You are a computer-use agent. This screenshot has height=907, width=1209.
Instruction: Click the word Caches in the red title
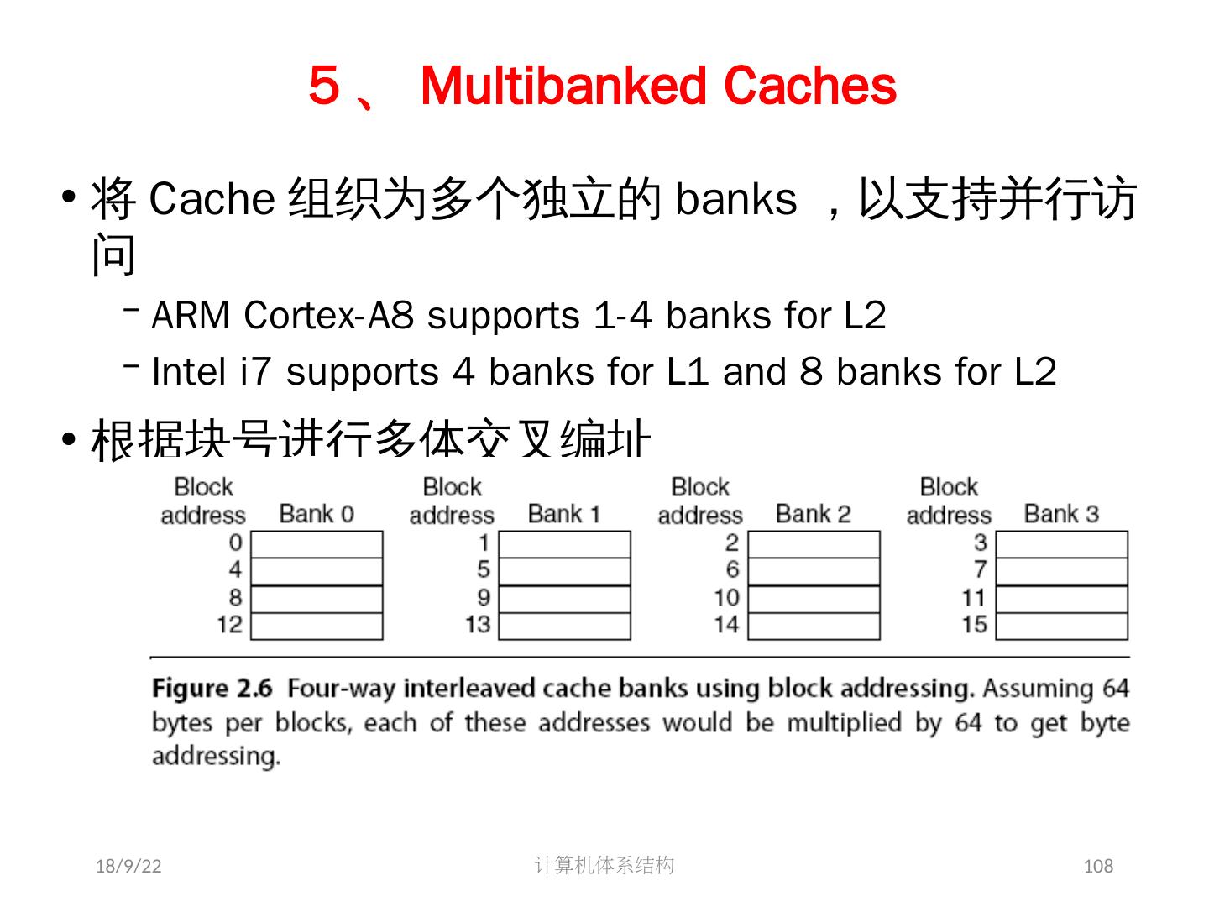point(809,86)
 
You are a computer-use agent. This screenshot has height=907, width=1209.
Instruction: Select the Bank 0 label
point(317,513)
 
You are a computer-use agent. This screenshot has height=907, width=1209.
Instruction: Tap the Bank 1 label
point(564,513)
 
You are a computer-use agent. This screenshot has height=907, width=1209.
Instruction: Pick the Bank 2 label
point(813,513)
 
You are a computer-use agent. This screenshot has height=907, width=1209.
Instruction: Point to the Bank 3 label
point(1061,513)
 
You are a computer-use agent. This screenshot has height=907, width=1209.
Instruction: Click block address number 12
point(229,625)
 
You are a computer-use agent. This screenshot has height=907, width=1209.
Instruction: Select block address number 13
point(478,625)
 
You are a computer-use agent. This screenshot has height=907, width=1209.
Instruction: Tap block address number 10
point(726,598)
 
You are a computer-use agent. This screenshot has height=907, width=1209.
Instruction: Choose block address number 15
point(975,625)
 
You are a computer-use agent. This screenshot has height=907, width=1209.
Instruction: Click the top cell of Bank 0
point(317,544)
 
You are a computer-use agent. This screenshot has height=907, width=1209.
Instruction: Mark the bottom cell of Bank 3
point(1061,627)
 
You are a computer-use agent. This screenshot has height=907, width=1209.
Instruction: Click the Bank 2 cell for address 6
point(814,571)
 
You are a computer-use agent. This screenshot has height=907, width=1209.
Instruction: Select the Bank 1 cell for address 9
point(564,599)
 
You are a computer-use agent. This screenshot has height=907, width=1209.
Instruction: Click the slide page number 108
point(1098,866)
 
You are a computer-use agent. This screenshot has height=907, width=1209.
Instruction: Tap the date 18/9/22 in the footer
point(128,866)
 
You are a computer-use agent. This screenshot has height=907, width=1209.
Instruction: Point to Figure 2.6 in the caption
point(212,689)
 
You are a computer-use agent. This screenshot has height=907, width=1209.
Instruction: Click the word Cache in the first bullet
point(212,200)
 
